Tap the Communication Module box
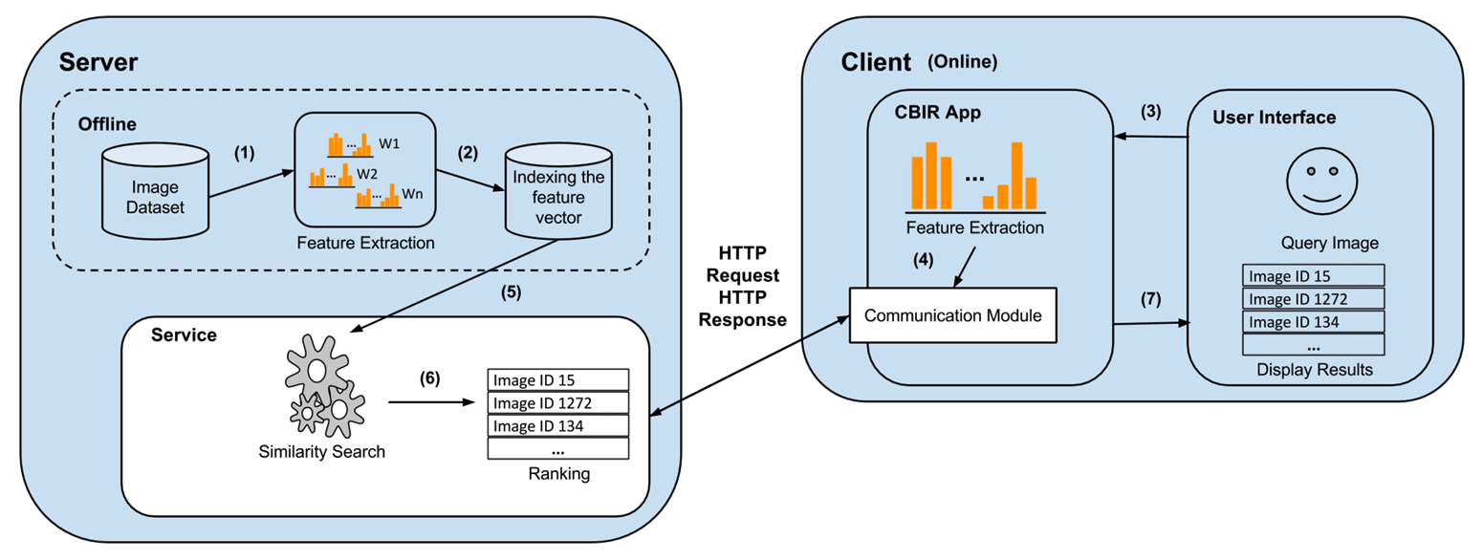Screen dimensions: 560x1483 (952, 314)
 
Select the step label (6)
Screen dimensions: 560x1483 (430, 377)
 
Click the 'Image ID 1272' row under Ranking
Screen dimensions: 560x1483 (557, 402)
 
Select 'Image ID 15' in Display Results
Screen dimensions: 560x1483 (1313, 276)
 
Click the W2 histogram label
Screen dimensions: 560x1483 (367, 174)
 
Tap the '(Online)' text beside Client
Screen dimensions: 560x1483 (963, 62)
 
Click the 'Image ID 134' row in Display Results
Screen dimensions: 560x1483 (1313, 322)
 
